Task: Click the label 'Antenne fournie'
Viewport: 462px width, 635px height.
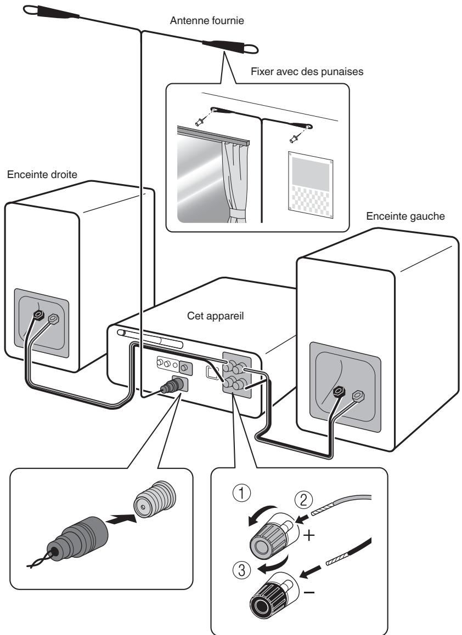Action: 207,20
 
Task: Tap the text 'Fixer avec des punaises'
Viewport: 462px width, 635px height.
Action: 307,72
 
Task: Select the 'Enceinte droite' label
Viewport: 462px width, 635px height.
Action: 42,175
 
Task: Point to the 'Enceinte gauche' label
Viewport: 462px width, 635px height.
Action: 405,216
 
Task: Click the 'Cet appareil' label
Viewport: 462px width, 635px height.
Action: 216,316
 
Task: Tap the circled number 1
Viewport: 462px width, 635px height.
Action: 242,494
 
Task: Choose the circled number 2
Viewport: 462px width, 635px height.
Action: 303,500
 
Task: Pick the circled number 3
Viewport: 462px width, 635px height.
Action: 242,570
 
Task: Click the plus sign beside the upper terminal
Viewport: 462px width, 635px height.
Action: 309,536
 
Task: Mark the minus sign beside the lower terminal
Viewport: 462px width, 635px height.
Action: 309,592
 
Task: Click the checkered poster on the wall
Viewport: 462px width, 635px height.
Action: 311,185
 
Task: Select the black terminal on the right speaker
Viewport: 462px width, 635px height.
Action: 38,314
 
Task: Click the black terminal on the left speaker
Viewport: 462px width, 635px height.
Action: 339,392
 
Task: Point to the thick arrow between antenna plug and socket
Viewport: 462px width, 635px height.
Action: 122,519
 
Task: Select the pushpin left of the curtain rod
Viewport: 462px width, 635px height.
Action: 200,121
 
